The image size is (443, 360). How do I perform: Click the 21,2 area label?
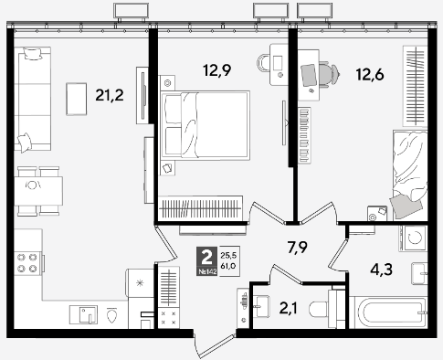[x=110, y=95]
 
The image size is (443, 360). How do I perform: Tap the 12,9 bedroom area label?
[x=217, y=70]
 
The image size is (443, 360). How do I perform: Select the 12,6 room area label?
[x=370, y=74]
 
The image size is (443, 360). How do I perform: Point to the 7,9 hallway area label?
[x=297, y=247]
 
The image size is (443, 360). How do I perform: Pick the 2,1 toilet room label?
[x=289, y=308]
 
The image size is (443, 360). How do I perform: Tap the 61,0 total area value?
[x=228, y=266]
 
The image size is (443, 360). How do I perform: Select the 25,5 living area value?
[x=228, y=255]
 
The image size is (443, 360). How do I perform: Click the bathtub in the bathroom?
[x=388, y=312]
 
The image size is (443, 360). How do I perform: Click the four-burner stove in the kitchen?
[x=27, y=263]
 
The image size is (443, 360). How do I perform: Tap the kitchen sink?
[x=84, y=314]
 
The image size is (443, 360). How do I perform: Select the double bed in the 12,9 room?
[x=206, y=125]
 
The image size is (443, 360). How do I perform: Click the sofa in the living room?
[x=33, y=100]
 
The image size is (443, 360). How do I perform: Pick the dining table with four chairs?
[x=38, y=191]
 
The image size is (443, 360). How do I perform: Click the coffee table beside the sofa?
[x=77, y=99]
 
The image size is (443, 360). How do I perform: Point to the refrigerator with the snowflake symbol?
[x=141, y=283]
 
